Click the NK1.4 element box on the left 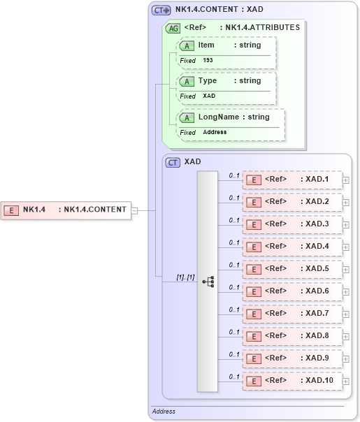(x=66, y=210)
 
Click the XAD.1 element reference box (x=292, y=180)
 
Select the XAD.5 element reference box (x=292, y=269)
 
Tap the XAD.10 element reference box (x=292, y=381)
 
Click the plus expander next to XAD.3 (x=346, y=225)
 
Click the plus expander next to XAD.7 (x=346, y=314)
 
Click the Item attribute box (x=227, y=45)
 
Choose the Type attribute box (x=227, y=81)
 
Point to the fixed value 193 (x=208, y=61)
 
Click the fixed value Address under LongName (x=215, y=132)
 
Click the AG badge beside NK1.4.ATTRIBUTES (x=172, y=29)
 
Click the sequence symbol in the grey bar (x=208, y=281)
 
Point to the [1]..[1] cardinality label (x=185, y=277)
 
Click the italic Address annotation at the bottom (x=164, y=412)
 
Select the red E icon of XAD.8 (x=255, y=337)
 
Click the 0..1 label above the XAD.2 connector (x=234, y=198)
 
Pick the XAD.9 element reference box (x=292, y=358)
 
